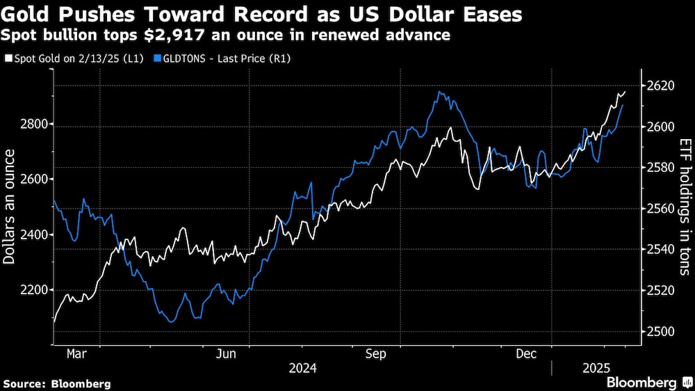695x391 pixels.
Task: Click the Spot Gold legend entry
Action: click(x=74, y=58)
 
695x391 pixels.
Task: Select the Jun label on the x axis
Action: click(x=227, y=354)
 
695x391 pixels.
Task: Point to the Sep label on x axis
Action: click(x=376, y=354)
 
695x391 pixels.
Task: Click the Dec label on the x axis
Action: click(x=527, y=354)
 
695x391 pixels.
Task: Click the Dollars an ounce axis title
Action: click(x=9, y=208)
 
